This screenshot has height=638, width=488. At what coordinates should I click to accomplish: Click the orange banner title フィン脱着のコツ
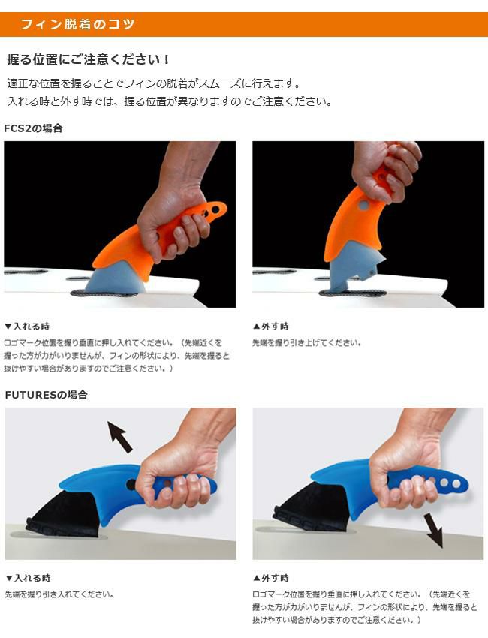pos(77,25)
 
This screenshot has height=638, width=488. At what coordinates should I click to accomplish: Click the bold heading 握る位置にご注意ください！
pos(89,60)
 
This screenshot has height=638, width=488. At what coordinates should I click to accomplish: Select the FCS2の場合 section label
pos(33,128)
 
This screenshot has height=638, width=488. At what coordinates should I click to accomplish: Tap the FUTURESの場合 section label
pos(46,395)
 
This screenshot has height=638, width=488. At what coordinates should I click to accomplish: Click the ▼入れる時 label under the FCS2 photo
pos(27,327)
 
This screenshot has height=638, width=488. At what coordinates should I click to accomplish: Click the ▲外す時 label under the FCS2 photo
pos(271,327)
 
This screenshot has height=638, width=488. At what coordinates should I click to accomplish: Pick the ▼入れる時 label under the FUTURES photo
pos(28,578)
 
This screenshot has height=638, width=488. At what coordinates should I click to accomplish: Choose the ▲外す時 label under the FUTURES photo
pos(271,578)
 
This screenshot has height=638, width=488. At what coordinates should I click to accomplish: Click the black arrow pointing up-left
pos(120,437)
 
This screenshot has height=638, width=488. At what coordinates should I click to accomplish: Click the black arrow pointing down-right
pos(433,530)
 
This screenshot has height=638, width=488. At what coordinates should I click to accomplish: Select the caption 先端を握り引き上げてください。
pos(307,342)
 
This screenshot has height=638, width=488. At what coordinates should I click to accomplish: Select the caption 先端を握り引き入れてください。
pos(59,594)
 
